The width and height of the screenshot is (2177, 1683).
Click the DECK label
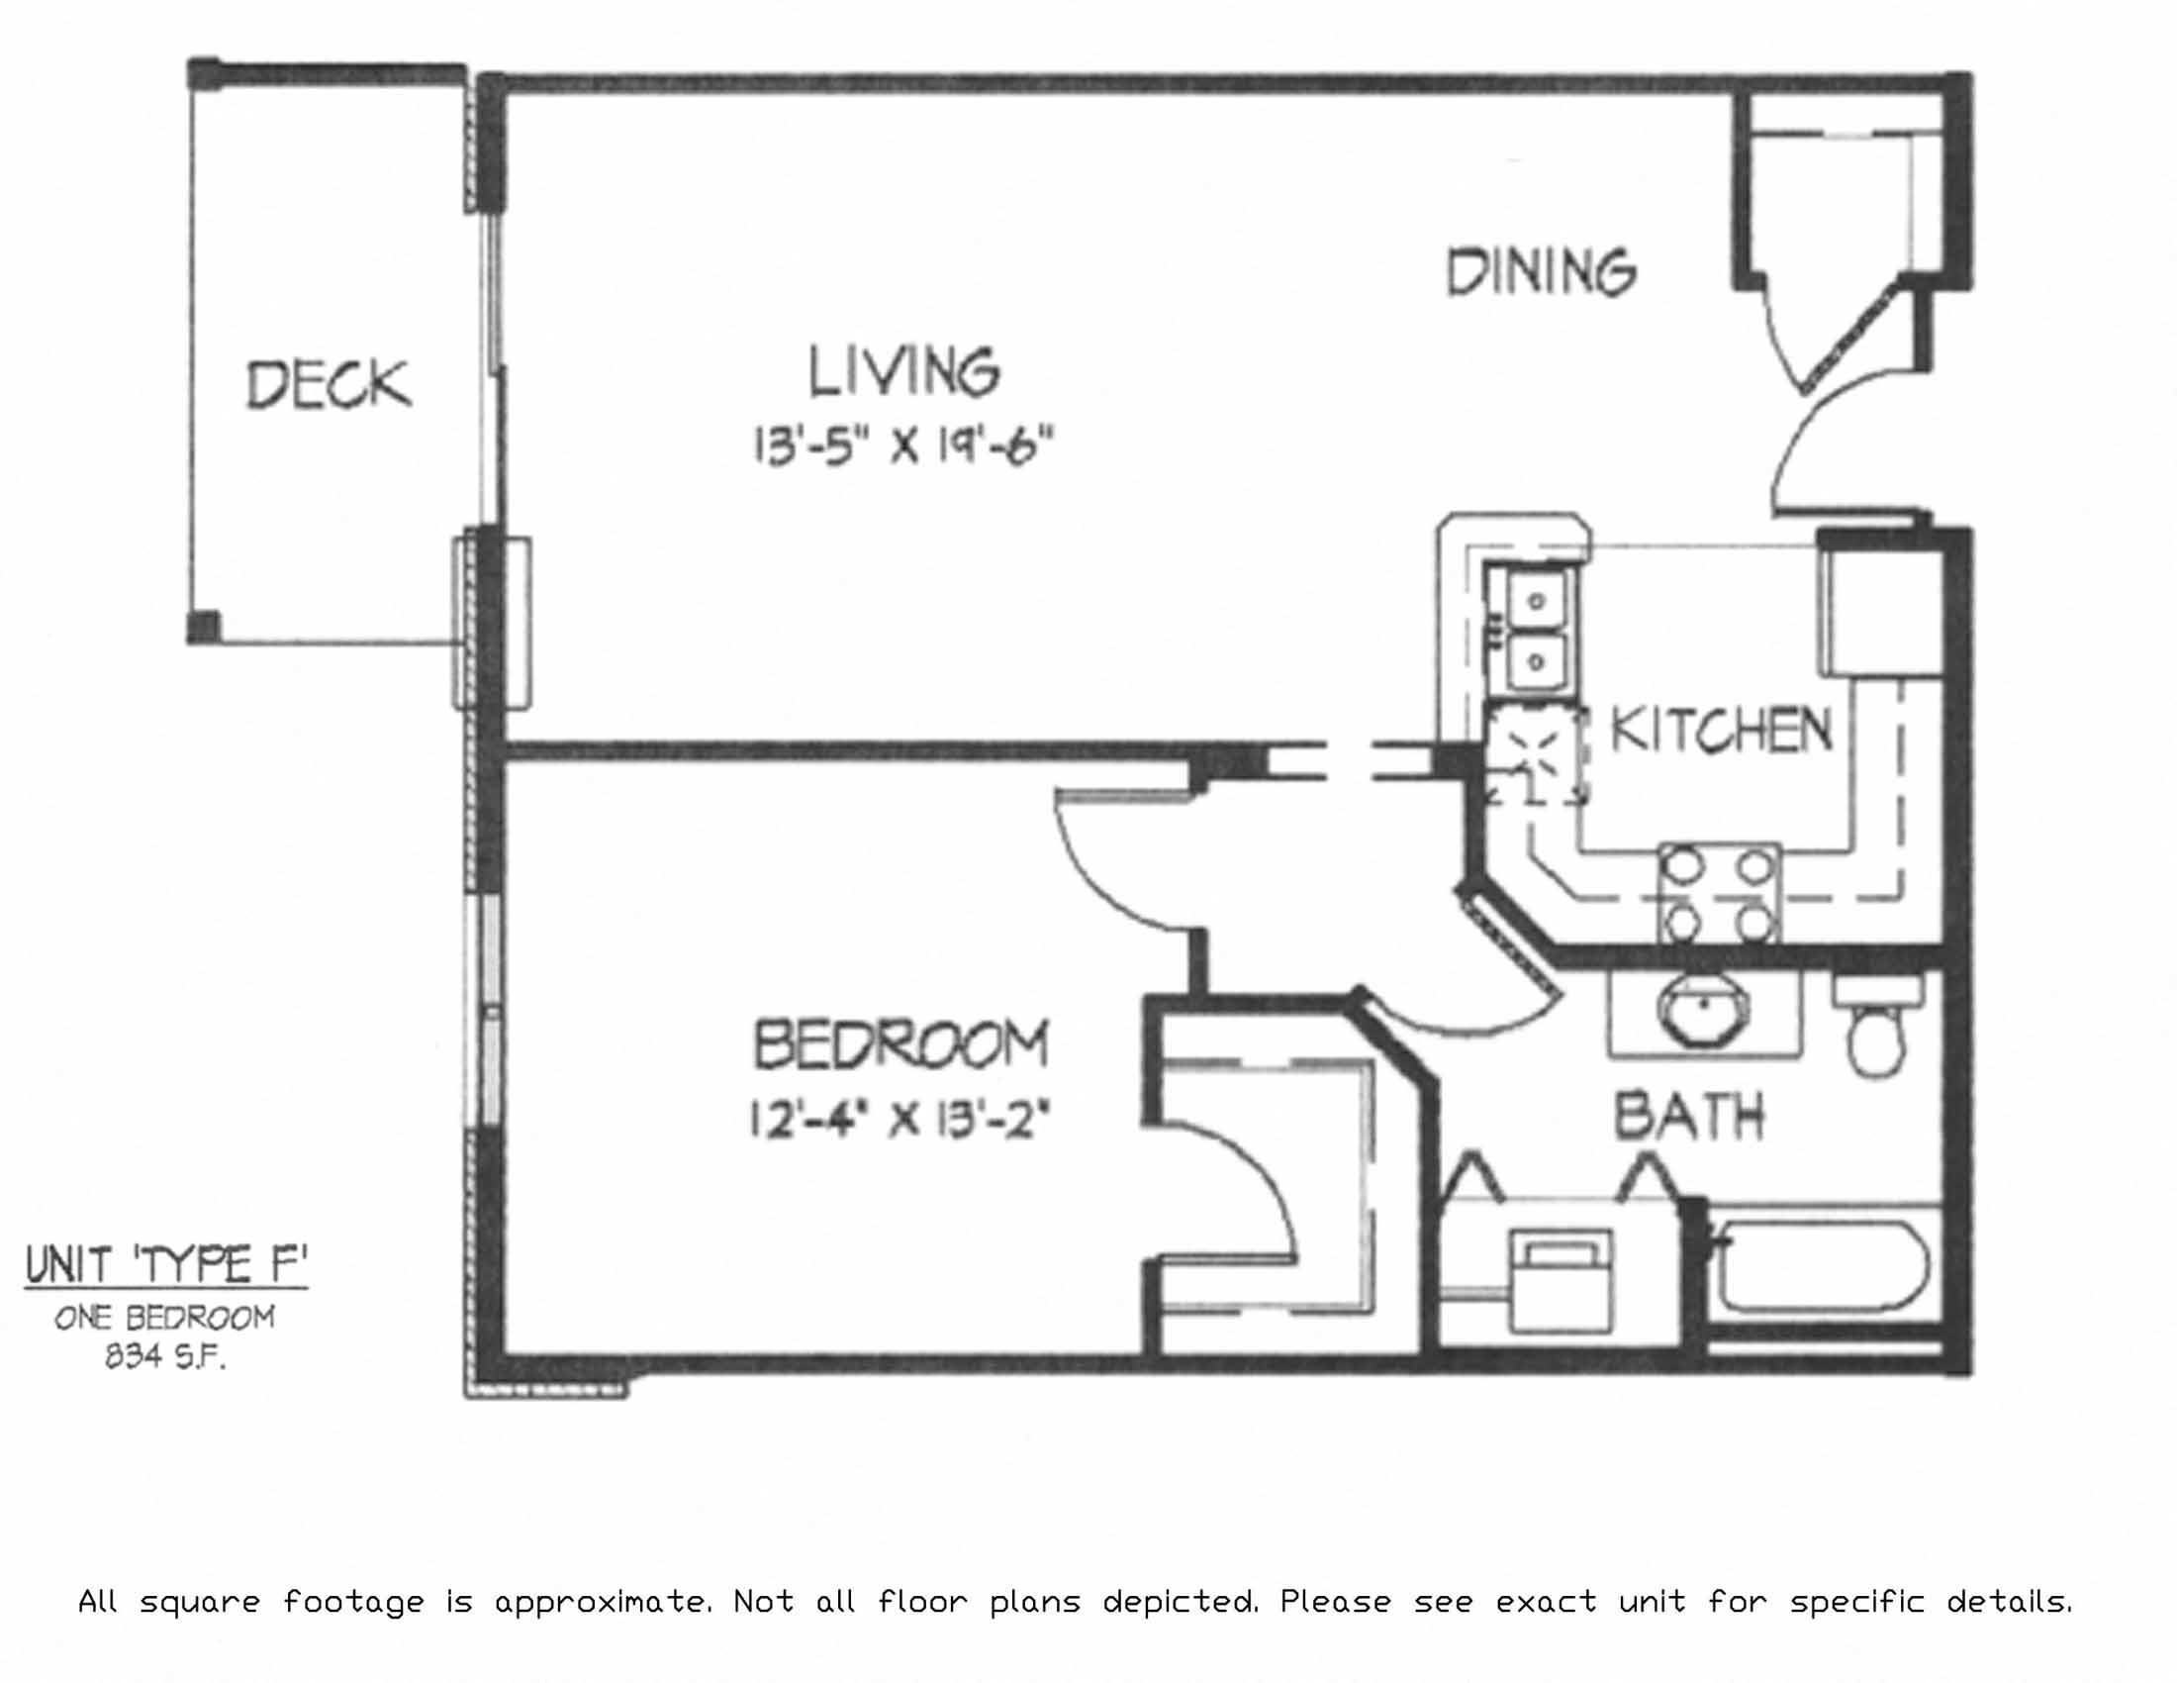point(328,385)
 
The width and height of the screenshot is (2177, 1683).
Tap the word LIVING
point(903,371)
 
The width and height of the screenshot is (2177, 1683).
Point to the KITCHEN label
point(1722,731)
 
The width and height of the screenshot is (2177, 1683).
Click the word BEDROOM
point(900,1043)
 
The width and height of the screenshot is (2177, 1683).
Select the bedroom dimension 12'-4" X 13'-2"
point(900,1119)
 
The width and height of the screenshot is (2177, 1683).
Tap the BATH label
point(1688,1116)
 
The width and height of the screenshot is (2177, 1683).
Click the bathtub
point(1820,1265)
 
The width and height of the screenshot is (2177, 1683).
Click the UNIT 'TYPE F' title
point(165,1265)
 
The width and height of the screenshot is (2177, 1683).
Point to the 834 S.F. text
point(165,1357)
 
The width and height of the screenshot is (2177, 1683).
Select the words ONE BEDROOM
point(165,1318)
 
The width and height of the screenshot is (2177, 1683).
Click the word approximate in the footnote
point(603,1602)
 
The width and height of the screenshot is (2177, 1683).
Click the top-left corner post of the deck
point(205,74)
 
